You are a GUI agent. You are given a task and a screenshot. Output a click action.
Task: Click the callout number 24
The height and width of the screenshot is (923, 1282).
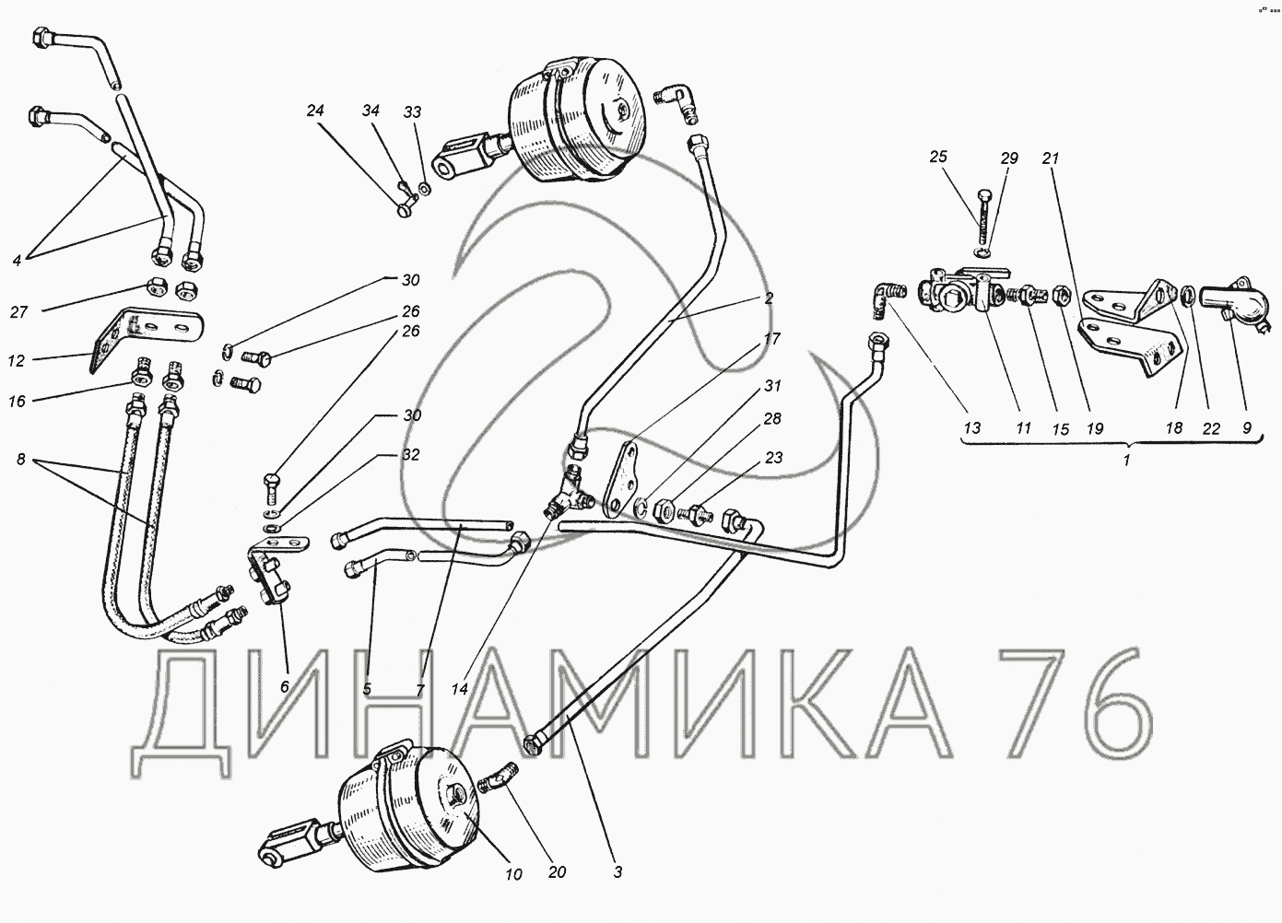tap(315, 111)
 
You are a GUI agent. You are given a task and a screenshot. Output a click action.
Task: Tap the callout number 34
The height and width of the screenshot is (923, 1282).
tap(370, 111)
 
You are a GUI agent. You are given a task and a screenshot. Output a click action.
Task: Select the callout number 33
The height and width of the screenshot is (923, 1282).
tap(412, 112)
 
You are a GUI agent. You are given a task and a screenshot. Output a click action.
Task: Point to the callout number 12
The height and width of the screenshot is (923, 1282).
tap(17, 361)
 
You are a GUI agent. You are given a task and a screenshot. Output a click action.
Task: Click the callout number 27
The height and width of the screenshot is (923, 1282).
tap(18, 311)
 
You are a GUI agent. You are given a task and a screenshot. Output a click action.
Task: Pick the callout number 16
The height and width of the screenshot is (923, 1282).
tap(17, 401)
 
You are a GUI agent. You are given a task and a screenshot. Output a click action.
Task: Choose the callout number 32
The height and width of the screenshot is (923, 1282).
tap(411, 454)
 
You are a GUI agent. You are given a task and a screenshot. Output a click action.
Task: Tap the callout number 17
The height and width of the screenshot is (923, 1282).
tap(772, 339)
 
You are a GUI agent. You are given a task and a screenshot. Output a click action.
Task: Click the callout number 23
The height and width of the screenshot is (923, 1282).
tap(774, 458)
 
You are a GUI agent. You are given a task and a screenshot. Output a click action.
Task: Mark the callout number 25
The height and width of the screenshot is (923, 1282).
tap(938, 156)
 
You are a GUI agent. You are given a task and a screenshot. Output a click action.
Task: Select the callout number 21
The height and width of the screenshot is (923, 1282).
tap(1051, 158)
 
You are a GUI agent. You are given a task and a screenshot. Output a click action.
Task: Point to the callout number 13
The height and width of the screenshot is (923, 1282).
tap(972, 427)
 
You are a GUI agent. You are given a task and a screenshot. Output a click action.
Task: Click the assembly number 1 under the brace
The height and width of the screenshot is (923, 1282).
tap(1127, 460)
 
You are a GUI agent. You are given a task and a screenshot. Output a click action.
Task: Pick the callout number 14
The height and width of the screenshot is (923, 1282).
tap(460, 689)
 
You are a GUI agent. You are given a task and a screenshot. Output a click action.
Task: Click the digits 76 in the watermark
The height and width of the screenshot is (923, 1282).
tap(1075, 713)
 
